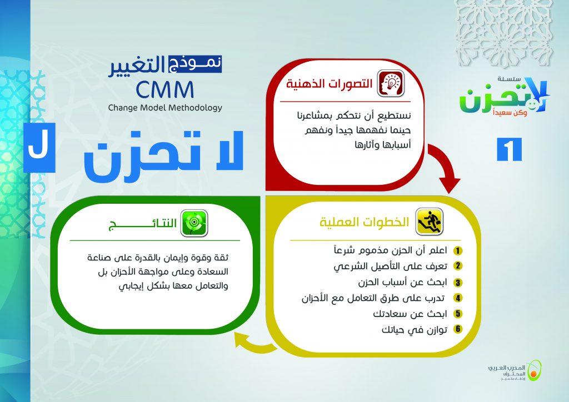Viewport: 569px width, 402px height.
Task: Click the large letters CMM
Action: point(165,90)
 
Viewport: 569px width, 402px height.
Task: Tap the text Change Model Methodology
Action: point(165,108)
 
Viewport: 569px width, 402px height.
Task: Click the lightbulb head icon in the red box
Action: point(391,83)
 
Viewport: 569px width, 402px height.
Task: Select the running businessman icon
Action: point(430,221)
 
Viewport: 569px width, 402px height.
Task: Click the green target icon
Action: point(194,223)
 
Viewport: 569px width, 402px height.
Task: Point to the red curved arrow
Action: point(445,166)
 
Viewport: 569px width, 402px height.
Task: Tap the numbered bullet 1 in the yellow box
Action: point(458,250)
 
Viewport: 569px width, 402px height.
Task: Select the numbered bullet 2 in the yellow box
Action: point(458,266)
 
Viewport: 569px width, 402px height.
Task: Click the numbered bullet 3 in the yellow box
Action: point(458,283)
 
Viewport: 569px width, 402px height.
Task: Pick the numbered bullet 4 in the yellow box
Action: point(458,298)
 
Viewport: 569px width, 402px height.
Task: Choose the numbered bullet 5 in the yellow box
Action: point(458,314)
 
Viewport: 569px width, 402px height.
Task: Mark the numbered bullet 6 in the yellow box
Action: point(458,329)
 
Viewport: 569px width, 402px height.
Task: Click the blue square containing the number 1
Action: point(509,149)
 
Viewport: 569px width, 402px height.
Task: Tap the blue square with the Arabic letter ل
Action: point(39,148)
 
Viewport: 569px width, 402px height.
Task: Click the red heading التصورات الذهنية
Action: point(330,84)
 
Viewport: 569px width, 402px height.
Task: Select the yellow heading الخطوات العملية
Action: point(365,222)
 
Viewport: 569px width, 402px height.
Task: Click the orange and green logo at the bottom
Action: point(534,370)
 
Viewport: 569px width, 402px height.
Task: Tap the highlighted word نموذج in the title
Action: point(195,64)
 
